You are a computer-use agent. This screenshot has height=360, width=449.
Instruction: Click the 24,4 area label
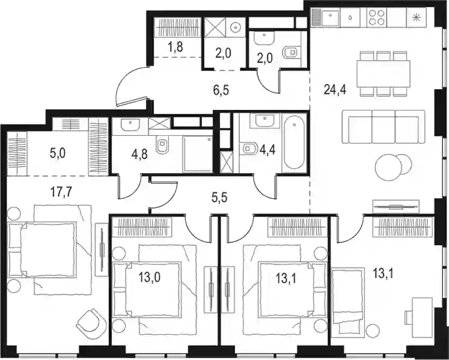coord(335,90)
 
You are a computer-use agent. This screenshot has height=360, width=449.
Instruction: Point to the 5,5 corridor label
coord(220,198)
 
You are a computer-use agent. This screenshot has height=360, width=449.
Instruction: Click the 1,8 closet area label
coord(176,47)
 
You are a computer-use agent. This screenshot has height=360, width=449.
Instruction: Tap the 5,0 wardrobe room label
coord(58,153)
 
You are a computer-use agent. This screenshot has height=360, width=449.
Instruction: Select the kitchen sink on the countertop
coord(330,17)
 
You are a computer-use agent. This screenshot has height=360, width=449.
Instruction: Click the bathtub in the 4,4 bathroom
coord(294,145)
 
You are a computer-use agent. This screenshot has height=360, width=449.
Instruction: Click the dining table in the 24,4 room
coord(383,73)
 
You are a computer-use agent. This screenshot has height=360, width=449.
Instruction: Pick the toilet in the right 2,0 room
coord(292,53)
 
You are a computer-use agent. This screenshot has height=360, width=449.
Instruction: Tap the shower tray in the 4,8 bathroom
coord(198,154)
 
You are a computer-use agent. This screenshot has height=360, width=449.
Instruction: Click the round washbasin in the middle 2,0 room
coord(236,27)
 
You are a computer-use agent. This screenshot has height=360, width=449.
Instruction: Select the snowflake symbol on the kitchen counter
coord(415,17)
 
